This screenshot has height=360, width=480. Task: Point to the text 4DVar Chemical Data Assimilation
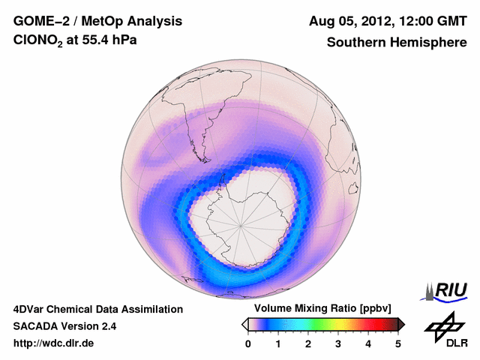[97, 309]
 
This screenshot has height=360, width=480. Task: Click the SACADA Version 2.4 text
[64, 326]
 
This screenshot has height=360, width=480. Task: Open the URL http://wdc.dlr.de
[53, 343]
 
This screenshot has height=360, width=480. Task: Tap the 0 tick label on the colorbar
[248, 343]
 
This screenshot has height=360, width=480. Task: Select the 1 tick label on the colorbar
[278, 343]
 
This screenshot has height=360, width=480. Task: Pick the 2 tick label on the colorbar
[308, 343]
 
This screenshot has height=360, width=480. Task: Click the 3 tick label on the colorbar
[338, 343]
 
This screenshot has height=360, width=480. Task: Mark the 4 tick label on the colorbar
[368, 343]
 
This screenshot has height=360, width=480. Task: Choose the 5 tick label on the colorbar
[398, 343]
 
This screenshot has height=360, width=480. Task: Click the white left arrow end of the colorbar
[244, 324]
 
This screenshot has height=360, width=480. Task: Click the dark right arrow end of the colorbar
[402, 324]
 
